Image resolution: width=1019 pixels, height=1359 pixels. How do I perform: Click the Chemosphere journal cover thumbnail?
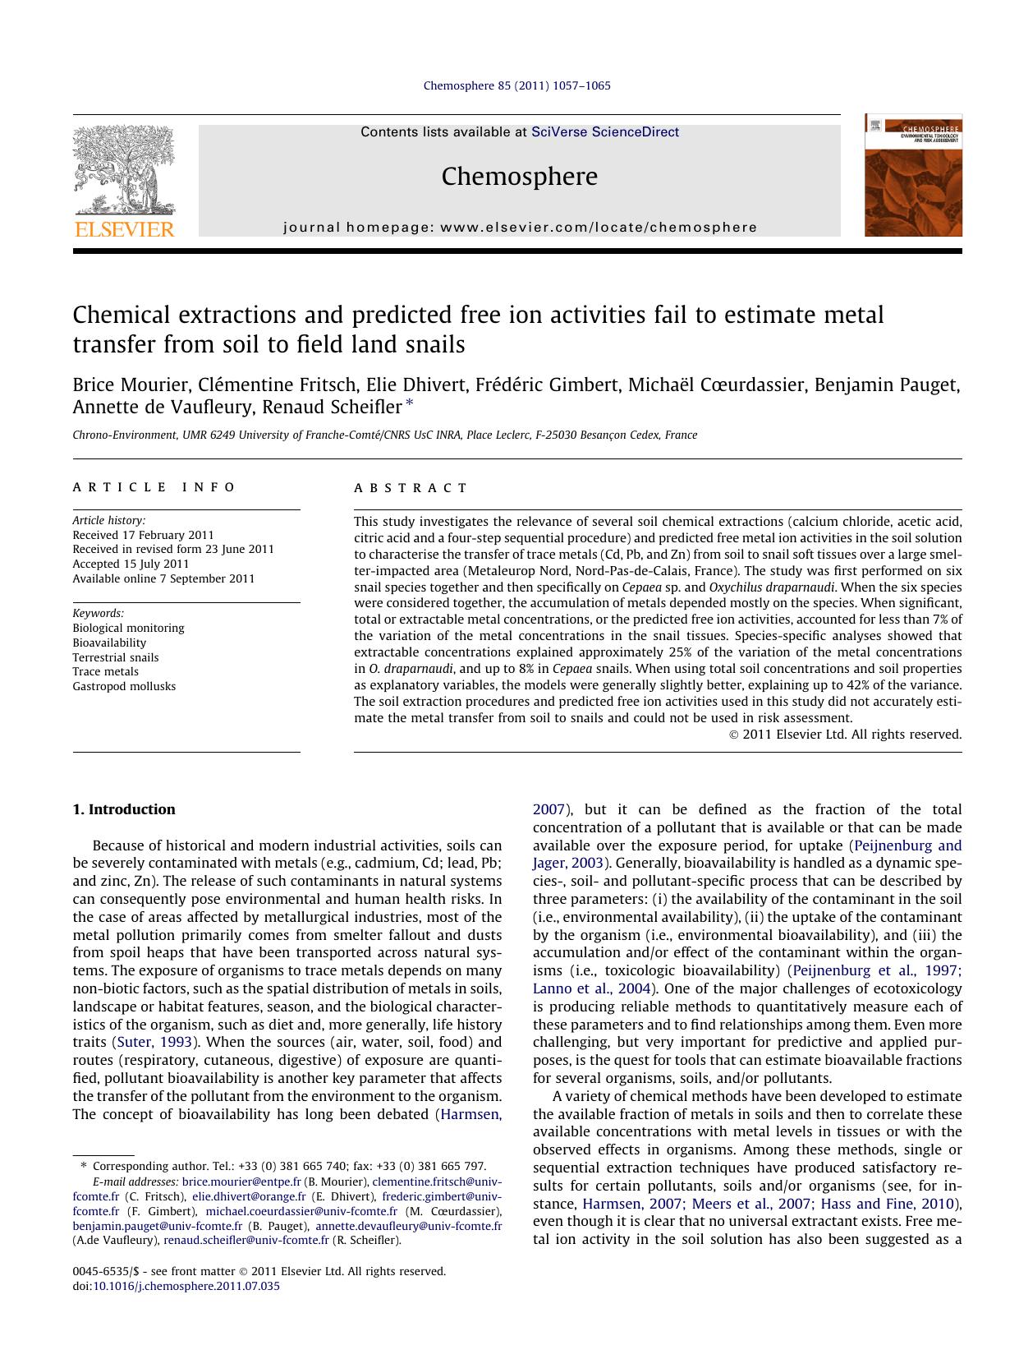coord(912,176)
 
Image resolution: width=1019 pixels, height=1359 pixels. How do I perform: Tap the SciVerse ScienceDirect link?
coord(605,131)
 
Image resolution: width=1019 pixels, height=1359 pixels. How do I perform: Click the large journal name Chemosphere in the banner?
coord(519,176)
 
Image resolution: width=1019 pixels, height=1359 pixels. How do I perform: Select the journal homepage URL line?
coord(520,228)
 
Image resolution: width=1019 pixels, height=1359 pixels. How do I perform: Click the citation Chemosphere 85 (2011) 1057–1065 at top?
coord(516,85)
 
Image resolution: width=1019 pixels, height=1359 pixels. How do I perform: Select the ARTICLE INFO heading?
coord(154,487)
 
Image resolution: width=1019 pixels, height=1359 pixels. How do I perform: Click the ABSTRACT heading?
coord(411,487)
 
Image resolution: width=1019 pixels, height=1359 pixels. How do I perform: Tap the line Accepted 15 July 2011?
coord(131,564)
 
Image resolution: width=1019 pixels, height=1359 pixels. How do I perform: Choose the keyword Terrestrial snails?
coord(116,657)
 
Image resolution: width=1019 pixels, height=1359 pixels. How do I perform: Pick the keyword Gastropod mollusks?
coord(124,686)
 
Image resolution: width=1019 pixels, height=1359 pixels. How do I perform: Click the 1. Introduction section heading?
coord(124,809)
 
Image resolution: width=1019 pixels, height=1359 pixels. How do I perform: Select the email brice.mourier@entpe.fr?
coord(241,1182)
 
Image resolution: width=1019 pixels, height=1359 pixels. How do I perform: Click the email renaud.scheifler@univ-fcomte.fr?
coord(246,1240)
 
